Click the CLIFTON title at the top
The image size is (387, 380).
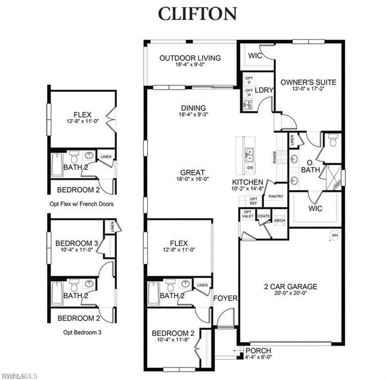tap(197, 14)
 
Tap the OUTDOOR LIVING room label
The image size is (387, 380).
tap(190, 58)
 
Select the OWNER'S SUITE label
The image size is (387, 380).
tap(308, 82)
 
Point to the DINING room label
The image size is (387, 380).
tap(193, 108)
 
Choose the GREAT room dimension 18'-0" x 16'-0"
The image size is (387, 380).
tap(194, 179)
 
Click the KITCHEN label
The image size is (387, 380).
tap(248, 183)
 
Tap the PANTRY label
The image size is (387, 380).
tap(276, 196)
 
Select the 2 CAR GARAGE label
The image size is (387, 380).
tap(291, 286)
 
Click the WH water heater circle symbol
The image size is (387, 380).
tap(335, 235)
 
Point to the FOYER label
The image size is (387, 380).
tap(225, 298)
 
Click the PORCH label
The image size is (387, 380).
tap(258, 351)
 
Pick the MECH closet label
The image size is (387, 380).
tap(279, 220)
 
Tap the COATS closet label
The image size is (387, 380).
tap(264, 216)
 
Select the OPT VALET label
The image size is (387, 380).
tap(247, 214)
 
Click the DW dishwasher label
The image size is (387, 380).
tap(249, 168)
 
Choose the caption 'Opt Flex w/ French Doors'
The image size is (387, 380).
tap(82, 204)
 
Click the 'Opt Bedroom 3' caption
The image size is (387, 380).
tap(82, 332)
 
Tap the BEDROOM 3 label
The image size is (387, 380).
tap(77, 243)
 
